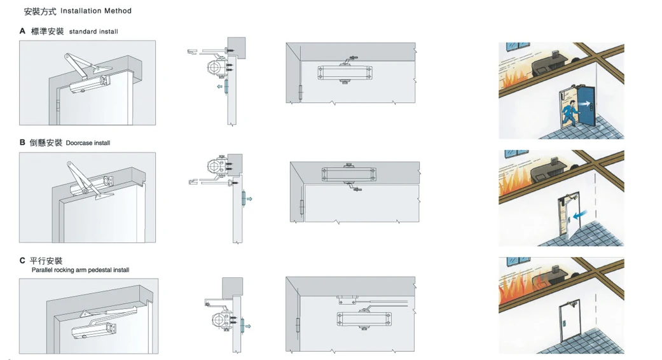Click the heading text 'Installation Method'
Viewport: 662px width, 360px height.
(x=96, y=11)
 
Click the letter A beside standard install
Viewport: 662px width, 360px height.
(x=22, y=31)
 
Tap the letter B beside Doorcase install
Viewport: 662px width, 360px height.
(x=22, y=142)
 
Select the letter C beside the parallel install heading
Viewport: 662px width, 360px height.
(x=22, y=260)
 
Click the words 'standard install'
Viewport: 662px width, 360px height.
(x=93, y=31)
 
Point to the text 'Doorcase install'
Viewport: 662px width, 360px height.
(x=88, y=143)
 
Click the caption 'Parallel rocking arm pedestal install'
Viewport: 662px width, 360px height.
(x=80, y=270)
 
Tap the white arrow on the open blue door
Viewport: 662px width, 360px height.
(x=585, y=104)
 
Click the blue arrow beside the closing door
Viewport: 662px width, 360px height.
(x=581, y=215)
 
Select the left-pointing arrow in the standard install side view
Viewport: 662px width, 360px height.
(x=219, y=87)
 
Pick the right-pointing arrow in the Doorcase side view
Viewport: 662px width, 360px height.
(x=249, y=199)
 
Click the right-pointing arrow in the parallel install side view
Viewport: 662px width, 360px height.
(x=248, y=326)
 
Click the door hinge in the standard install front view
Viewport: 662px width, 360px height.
(x=301, y=92)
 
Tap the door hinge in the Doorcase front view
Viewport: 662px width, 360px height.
(x=302, y=207)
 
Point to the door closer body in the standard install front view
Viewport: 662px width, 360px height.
(x=345, y=73)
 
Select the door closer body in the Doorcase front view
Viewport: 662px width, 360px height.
(x=348, y=174)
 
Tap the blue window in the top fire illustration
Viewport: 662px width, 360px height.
(x=518, y=45)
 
